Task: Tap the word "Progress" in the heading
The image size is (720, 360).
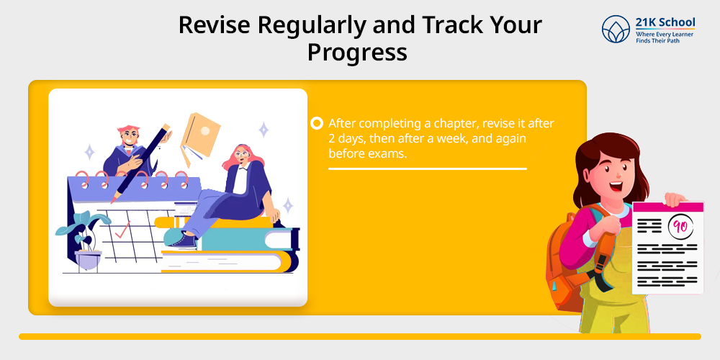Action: pyautogui.click(x=357, y=53)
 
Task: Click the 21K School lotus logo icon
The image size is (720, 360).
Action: pyautogui.click(x=616, y=29)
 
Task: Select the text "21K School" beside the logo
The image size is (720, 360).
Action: pyautogui.click(x=665, y=22)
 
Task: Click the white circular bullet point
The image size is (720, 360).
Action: pyautogui.click(x=316, y=123)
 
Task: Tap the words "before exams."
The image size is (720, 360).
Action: pyautogui.click(x=368, y=154)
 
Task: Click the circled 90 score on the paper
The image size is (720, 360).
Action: pyautogui.click(x=680, y=226)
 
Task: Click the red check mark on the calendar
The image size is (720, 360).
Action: pyautogui.click(x=122, y=230)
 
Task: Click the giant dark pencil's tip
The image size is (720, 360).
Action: pyautogui.click(x=112, y=201)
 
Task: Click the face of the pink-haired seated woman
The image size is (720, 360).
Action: pyautogui.click(x=241, y=156)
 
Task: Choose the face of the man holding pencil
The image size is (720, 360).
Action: pyautogui.click(x=130, y=137)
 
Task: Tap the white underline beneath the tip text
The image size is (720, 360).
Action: pyautogui.click(x=428, y=169)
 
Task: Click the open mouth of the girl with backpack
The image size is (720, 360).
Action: pyautogui.click(x=616, y=186)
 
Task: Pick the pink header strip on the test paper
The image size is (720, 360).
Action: pyautogui.click(x=667, y=207)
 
